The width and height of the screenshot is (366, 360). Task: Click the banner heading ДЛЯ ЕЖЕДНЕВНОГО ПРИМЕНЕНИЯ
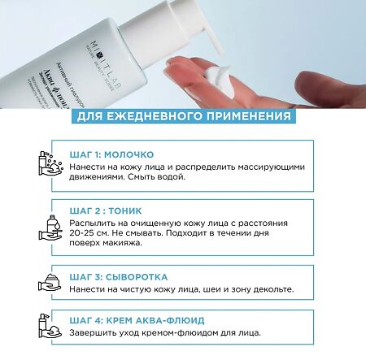point(183,116)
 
